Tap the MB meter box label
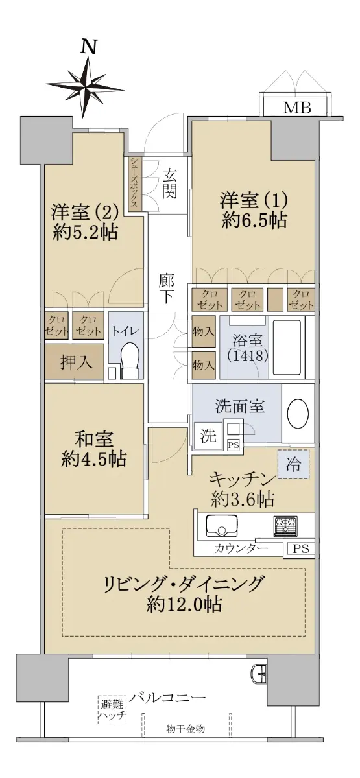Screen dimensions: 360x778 click(297, 108)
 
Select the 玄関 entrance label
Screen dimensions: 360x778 click(169, 183)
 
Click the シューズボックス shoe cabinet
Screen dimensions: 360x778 click(135, 183)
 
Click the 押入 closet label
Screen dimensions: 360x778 click(77, 362)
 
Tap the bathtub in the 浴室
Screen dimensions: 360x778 click(287, 347)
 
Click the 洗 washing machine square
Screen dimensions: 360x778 click(208, 436)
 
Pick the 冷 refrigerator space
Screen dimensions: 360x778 click(293, 464)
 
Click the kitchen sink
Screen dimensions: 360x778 click(222, 526)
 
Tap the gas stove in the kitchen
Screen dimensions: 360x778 click(285, 525)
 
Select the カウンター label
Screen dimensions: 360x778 click(241, 548)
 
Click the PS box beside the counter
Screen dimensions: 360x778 click(301, 548)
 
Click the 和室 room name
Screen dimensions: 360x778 click(94, 438)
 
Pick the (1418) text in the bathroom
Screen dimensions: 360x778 click(248, 355)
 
